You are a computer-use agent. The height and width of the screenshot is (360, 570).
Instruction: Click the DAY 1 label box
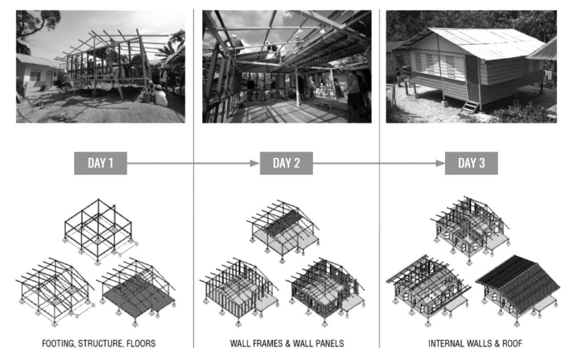[x=101, y=163]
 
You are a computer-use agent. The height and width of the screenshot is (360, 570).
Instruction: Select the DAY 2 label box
[x=286, y=163]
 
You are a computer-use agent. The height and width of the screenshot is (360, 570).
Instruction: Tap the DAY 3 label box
[x=471, y=163]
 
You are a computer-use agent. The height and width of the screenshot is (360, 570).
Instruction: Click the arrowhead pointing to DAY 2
[x=255, y=163]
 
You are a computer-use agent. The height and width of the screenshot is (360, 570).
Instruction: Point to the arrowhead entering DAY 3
[x=440, y=163]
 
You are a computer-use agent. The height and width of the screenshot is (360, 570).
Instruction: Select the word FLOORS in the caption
[x=141, y=344]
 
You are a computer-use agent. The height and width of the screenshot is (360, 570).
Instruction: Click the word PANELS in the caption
[x=330, y=344]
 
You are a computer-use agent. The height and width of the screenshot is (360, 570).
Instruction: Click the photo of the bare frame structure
[x=101, y=67]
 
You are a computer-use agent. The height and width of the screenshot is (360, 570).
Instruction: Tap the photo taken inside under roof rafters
[x=287, y=67]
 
